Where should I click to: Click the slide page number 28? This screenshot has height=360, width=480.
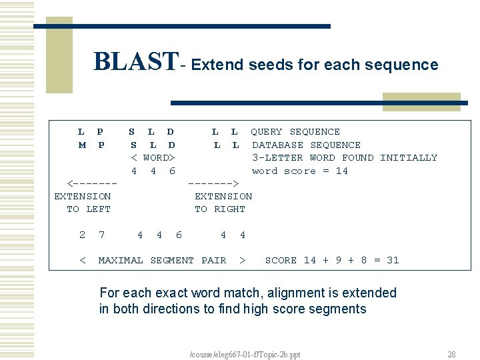pyautogui.click(x=451, y=354)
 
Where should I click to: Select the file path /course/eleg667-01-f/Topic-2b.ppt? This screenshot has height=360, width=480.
pyautogui.click(x=245, y=354)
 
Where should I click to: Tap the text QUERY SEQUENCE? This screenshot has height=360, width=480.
pyautogui.click(x=295, y=132)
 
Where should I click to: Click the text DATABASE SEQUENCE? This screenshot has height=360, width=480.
pyautogui.click(x=306, y=145)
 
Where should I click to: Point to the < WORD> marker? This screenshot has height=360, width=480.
pyautogui.click(x=153, y=158)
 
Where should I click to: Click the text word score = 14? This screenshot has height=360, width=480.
pyautogui.click(x=300, y=171)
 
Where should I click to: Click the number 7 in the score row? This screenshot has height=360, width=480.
pyautogui.click(x=101, y=235)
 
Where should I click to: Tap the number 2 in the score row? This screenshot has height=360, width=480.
pyautogui.click(x=82, y=235)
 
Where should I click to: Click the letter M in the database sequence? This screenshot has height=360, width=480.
pyautogui.click(x=82, y=145)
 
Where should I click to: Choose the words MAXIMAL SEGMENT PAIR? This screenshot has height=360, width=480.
pyautogui.click(x=162, y=260)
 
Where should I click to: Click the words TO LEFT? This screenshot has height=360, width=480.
pyautogui.click(x=89, y=209)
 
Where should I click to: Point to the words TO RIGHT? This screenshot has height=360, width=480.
pyautogui.click(x=220, y=209)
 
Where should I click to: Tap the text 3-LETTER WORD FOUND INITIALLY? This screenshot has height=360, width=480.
pyautogui.click(x=345, y=158)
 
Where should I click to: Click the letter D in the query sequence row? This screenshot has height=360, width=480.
pyautogui.click(x=171, y=132)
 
